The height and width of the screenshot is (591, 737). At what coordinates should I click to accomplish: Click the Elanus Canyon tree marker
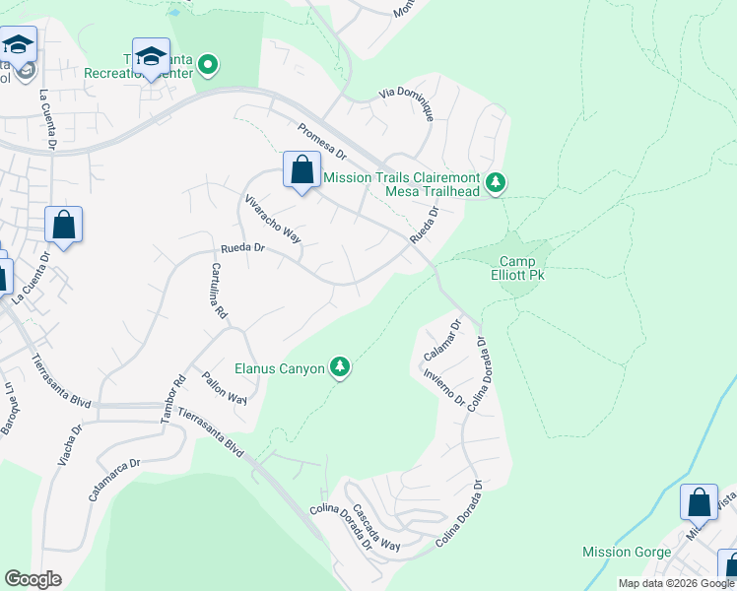[340, 368]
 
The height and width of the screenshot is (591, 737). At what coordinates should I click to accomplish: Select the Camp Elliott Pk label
[521, 268]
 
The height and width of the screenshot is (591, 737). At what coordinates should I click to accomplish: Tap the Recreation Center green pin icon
[208, 66]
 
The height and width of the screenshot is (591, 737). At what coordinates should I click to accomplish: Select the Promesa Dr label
[322, 141]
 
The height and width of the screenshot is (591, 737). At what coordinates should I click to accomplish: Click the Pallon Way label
[224, 388]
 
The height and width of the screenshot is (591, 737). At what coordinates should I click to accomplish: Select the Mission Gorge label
[627, 552]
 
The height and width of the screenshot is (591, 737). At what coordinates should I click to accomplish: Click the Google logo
[33, 579]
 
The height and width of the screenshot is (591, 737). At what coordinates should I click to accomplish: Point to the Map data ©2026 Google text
[675, 583]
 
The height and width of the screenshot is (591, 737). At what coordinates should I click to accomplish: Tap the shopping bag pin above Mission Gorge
[699, 502]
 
